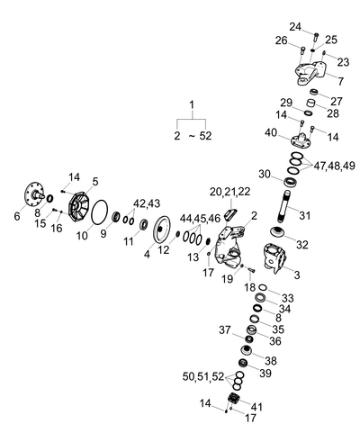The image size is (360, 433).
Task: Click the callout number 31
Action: coord(304,215)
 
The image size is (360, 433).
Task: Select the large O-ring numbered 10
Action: coord(100,212)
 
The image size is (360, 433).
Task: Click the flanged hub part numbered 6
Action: coord(32,194)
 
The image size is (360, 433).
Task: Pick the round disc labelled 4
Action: coord(161,230)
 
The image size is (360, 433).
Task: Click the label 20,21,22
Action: coord(229,192)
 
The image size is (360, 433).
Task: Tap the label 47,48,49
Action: coord(334,166)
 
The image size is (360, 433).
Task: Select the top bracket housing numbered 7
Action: coord(310,73)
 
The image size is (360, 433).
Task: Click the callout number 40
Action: coord(271,132)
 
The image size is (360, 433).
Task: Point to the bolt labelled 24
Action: coord(316,38)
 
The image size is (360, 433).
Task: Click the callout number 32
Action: coord(302,245)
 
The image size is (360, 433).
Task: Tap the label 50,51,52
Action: coord(203,376)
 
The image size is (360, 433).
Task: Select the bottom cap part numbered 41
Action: coord(234,399)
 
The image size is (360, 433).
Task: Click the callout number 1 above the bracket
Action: coord(192,105)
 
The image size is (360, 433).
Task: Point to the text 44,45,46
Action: coord(200,219)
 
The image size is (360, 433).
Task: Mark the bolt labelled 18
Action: coord(251,270)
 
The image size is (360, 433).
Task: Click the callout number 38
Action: coord(270,360)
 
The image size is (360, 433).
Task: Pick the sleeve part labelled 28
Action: coord(310,104)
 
